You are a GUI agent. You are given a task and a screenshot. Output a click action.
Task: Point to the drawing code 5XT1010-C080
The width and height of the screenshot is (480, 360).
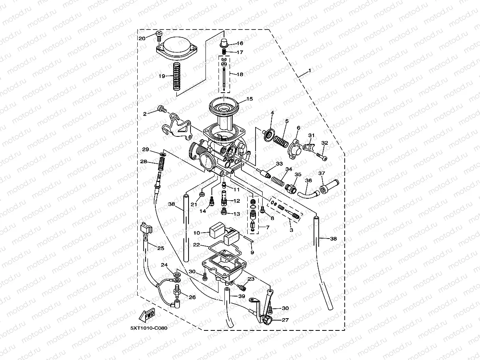(x=149, y=328)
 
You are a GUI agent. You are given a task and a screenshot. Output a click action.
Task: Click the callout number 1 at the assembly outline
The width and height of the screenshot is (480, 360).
(x=310, y=71)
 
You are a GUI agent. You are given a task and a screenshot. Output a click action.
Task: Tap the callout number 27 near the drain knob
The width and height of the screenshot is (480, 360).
(x=285, y=320)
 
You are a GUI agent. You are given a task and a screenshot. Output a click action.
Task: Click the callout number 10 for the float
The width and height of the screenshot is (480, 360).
(x=197, y=233)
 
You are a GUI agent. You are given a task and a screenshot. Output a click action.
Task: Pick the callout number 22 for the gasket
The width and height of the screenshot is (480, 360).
(x=196, y=245)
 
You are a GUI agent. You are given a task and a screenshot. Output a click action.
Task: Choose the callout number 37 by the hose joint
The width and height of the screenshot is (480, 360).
(x=322, y=173)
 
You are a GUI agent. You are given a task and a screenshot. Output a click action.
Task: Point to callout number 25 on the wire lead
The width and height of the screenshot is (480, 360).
(x=161, y=248)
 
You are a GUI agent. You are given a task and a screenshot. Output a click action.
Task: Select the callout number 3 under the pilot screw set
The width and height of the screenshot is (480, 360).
(x=291, y=229)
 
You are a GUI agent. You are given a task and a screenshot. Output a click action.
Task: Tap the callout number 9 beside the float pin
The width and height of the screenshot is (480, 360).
(x=252, y=252)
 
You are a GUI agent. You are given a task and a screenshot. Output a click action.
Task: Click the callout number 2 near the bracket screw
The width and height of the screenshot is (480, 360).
(x=145, y=114)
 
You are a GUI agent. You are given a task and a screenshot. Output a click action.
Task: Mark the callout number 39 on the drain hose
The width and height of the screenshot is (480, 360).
(x=241, y=296)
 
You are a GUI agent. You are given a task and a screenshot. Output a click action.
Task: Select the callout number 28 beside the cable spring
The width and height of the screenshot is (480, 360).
(x=144, y=162)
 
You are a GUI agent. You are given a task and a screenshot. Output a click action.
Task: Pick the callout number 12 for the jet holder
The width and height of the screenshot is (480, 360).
(x=237, y=201)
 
